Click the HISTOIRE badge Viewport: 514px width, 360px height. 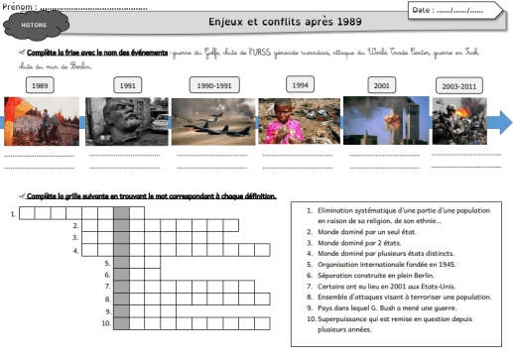click(33, 21)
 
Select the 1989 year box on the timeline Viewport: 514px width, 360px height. click(40, 86)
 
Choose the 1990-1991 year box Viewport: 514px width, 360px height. click(215, 86)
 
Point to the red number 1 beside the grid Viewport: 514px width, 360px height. click(12, 213)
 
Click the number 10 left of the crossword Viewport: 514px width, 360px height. click(105, 322)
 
